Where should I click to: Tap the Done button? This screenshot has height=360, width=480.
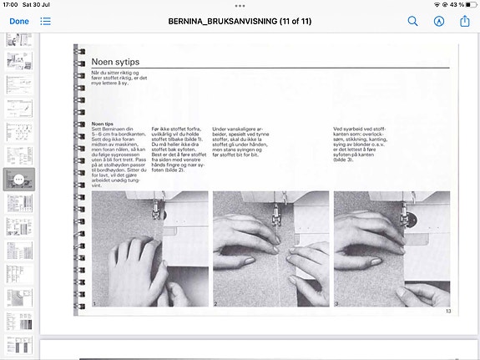(18, 20)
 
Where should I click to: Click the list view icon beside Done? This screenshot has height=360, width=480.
(45, 20)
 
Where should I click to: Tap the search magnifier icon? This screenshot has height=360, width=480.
(412, 20)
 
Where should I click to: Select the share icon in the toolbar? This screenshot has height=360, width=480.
(465, 20)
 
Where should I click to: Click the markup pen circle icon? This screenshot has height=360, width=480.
(439, 20)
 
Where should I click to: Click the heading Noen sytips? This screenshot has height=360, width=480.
(115, 62)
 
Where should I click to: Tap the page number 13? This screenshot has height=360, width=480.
(447, 311)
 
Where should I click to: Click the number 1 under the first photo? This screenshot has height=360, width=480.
(95, 304)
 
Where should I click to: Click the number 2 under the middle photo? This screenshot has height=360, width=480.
(216, 304)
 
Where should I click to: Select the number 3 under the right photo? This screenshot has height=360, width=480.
(337, 304)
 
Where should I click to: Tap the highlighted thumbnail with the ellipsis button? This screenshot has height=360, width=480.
(18, 180)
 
